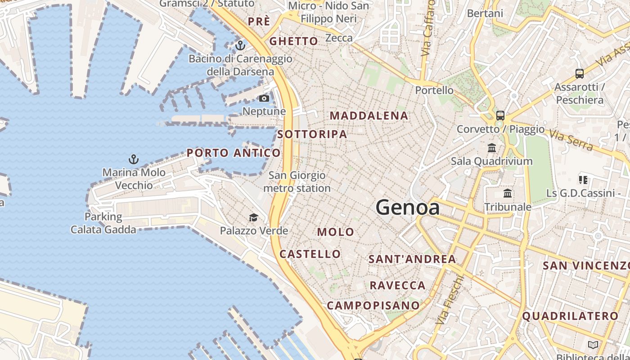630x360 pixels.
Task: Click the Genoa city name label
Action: point(407,207)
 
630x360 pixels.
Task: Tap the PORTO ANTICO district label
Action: point(234,153)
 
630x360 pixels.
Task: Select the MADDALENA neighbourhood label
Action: point(369,116)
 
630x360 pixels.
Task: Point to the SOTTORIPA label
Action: point(312,134)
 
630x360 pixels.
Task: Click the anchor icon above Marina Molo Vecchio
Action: point(133,159)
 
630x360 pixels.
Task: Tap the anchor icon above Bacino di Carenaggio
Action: point(240,45)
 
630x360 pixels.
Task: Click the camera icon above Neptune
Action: point(264,98)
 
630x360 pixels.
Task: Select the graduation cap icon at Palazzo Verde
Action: point(254,218)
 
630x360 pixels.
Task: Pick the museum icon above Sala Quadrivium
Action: point(492,148)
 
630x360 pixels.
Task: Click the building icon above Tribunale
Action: point(508,193)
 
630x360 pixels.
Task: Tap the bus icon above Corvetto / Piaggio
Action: point(500,116)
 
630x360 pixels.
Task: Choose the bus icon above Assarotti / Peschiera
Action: point(580,74)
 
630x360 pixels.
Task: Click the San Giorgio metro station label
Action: point(297,182)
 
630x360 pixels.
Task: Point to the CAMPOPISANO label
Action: point(373,306)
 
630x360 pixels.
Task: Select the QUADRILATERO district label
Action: point(570,316)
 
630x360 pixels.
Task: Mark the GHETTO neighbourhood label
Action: point(293,41)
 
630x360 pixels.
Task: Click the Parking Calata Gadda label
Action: point(103,223)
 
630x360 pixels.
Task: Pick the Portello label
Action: point(434,90)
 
